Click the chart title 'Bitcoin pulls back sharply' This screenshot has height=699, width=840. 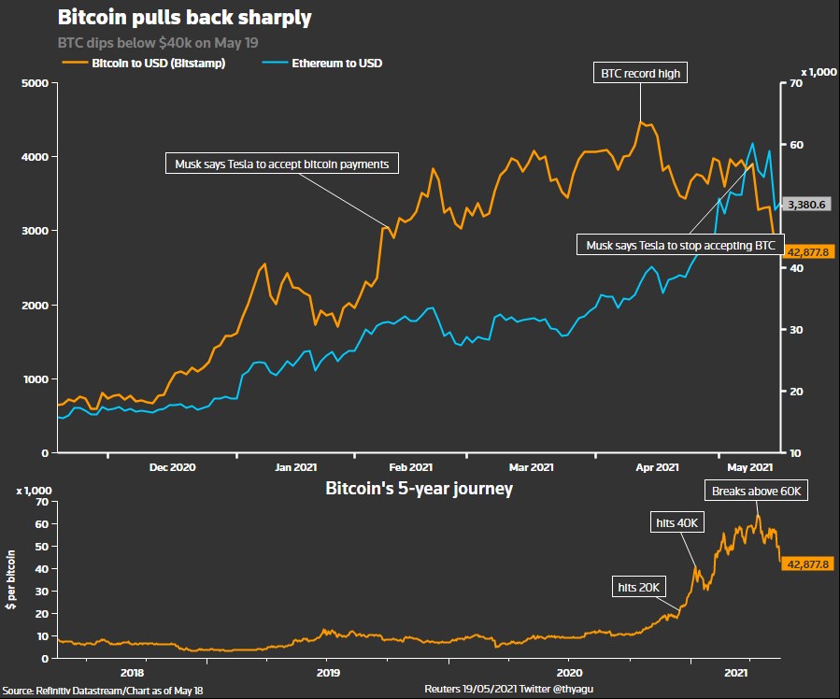point(184,18)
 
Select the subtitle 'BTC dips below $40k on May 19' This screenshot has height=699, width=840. point(158,43)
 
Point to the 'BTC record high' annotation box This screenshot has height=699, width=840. point(641,73)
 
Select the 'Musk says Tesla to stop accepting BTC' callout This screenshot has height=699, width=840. point(680,246)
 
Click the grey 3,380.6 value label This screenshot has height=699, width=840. point(808,204)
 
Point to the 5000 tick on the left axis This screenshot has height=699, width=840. point(35,84)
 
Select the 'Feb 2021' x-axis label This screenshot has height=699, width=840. point(410,466)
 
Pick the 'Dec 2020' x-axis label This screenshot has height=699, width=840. point(172,466)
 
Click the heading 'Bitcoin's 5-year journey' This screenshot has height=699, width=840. point(419,489)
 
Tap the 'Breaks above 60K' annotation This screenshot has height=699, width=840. point(756,491)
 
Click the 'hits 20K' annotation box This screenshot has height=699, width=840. point(639,587)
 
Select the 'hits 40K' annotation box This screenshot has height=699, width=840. point(676,523)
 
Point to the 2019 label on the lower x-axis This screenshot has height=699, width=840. point(328,672)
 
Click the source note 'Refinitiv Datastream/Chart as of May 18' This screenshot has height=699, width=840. point(103,690)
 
